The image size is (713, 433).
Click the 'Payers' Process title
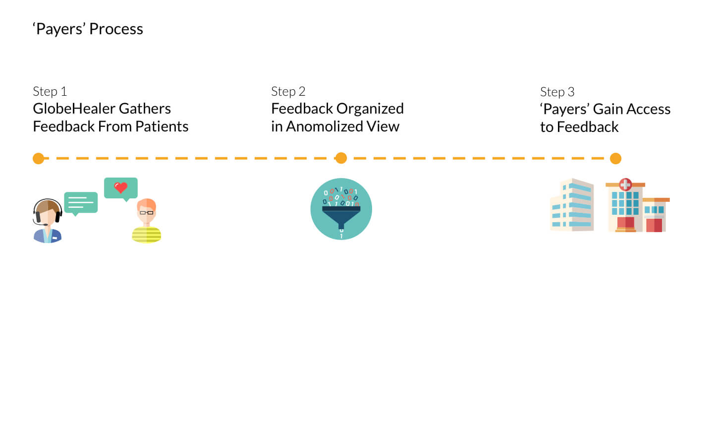coord(88,29)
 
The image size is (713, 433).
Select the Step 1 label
coord(50,92)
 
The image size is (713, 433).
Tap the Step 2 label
coord(288,92)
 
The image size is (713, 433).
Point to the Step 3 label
coord(557,92)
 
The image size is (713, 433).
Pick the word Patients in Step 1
coord(162,126)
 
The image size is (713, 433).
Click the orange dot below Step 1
coord(39,158)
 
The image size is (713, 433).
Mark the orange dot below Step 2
coord(341,158)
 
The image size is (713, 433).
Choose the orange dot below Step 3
coord(615,158)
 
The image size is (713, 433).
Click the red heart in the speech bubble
coord(120,187)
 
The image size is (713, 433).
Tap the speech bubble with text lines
coord(81,203)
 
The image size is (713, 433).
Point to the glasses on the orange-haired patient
coord(147,212)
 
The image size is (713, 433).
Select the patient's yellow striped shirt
coord(147,235)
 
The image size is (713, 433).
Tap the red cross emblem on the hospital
coord(625,185)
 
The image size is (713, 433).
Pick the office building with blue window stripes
coord(572,205)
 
